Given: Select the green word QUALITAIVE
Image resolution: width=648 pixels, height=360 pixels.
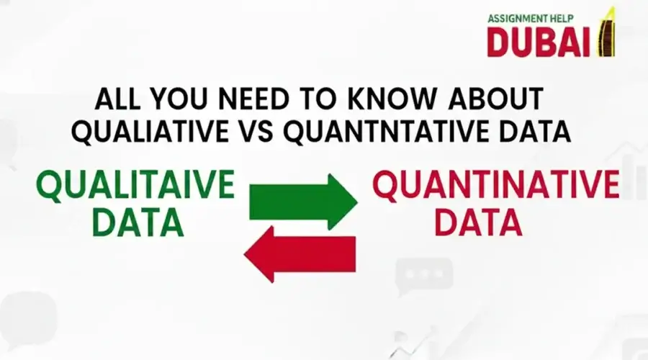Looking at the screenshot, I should coord(136,186).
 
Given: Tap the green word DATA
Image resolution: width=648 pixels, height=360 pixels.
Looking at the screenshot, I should coord(137,222).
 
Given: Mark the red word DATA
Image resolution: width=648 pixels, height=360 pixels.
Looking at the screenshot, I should coord(478,222).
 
